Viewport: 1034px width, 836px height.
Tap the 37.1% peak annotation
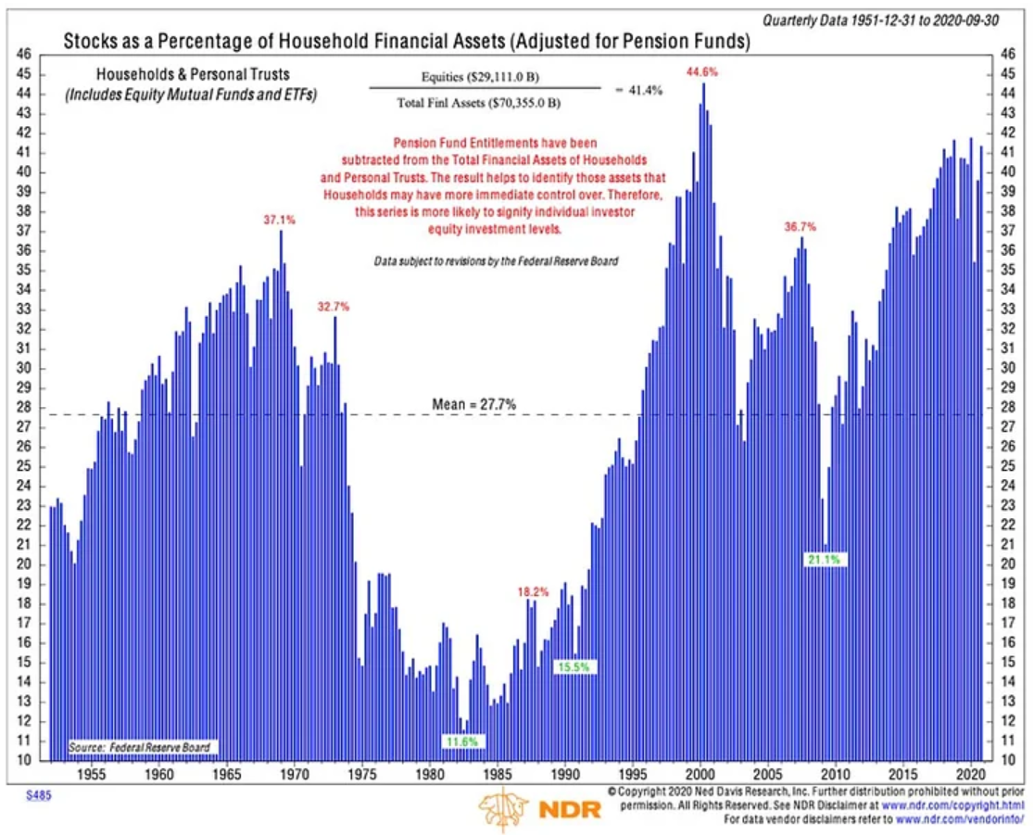point(279,220)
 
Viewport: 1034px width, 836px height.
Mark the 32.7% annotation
point(334,307)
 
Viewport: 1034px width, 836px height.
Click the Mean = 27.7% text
point(473,404)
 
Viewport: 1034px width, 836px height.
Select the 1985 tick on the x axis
point(498,772)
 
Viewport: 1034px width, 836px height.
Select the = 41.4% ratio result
point(638,90)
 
